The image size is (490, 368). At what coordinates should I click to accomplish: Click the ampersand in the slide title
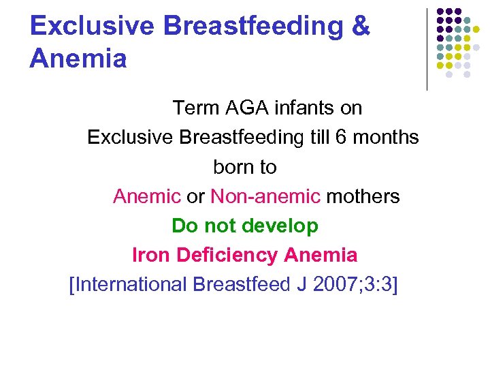tap(359, 26)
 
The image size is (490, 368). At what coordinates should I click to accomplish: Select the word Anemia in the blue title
tap(78, 59)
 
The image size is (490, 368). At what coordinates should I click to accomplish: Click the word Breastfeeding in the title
tap(249, 26)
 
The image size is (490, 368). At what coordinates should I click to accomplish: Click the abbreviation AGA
tap(242, 108)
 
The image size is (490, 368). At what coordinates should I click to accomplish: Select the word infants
tap(304, 108)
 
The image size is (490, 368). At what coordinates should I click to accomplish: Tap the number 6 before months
tap(340, 137)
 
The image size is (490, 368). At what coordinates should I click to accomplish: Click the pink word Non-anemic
tap(265, 196)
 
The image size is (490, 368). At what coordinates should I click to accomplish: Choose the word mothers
tap(363, 196)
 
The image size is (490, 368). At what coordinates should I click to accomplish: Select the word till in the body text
tap(318, 137)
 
